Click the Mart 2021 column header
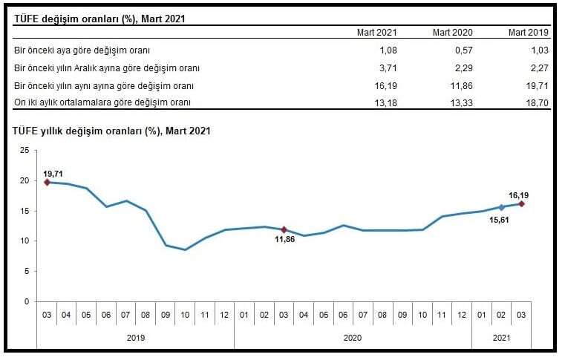pyautogui.click(x=377, y=33)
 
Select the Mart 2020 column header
pyautogui.click(x=453, y=33)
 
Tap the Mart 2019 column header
pyautogui.click(x=529, y=33)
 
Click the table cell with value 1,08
pyautogui.click(x=388, y=50)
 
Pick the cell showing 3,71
pyautogui.click(x=388, y=68)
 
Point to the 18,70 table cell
pyautogui.click(x=537, y=102)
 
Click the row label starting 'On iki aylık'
pyautogui.click(x=102, y=102)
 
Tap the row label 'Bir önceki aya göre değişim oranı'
pyautogui.click(x=82, y=50)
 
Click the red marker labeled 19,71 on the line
pyautogui.click(x=47, y=182)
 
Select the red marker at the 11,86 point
pyautogui.click(x=284, y=229)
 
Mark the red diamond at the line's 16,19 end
pyautogui.click(x=521, y=203)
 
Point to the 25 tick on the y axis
pyautogui.click(x=25, y=150)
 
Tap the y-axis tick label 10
pyautogui.click(x=25, y=241)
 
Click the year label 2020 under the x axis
pyautogui.click(x=353, y=338)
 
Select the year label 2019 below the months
pyautogui.click(x=135, y=338)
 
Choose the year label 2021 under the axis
pyautogui.click(x=501, y=338)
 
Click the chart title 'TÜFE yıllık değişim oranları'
pyautogui.click(x=111, y=131)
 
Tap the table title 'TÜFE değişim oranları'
pyautogui.click(x=99, y=18)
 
